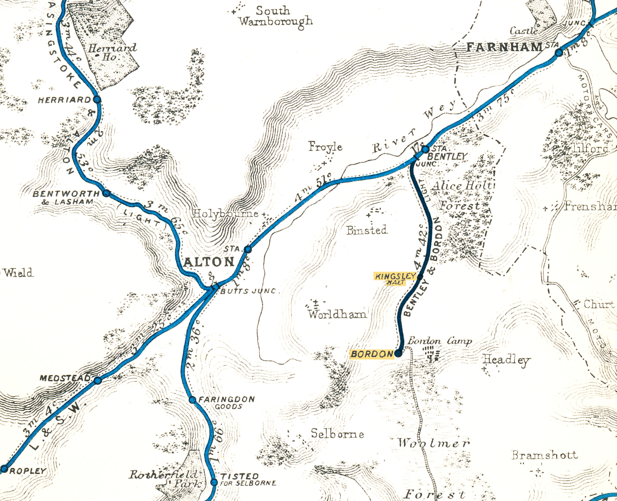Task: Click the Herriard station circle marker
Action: (x=97, y=100)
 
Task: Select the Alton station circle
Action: (x=248, y=249)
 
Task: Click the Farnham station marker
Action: (x=559, y=53)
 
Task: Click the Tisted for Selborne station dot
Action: (x=214, y=482)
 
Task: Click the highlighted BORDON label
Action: (x=372, y=354)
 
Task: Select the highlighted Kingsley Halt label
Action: (x=395, y=278)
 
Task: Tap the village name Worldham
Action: (x=337, y=314)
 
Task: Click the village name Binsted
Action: (x=367, y=230)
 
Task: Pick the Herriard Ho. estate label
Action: (x=112, y=52)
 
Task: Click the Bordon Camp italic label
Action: (x=440, y=341)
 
